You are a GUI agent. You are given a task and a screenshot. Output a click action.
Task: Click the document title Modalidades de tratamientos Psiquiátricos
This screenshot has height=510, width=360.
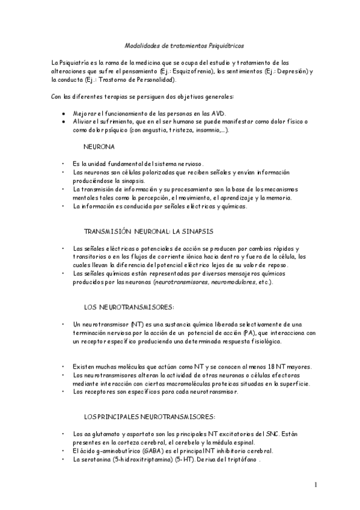pyautogui.click(x=184, y=45)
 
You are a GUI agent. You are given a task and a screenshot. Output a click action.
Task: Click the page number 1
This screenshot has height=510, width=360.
pyautogui.click(x=315, y=484)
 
